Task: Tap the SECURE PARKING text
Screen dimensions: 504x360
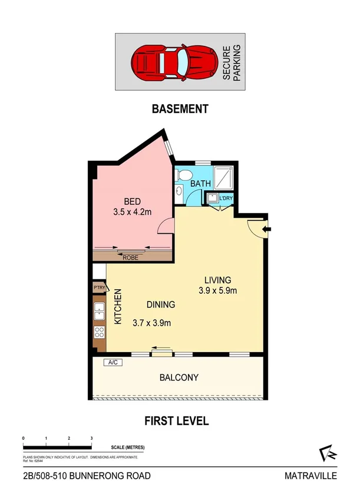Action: pyautogui.click(x=231, y=61)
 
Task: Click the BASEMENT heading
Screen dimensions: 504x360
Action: pyautogui.click(x=180, y=108)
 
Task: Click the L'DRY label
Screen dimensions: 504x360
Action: pyautogui.click(x=226, y=198)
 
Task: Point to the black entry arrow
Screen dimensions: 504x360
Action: pyautogui.click(x=267, y=229)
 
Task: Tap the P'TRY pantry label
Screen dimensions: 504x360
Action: pyautogui.click(x=98, y=288)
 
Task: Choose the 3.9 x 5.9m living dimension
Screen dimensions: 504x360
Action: pyautogui.click(x=217, y=290)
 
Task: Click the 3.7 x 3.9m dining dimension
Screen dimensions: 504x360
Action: pyautogui.click(x=152, y=322)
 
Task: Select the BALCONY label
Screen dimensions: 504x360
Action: pyautogui.click(x=178, y=377)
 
